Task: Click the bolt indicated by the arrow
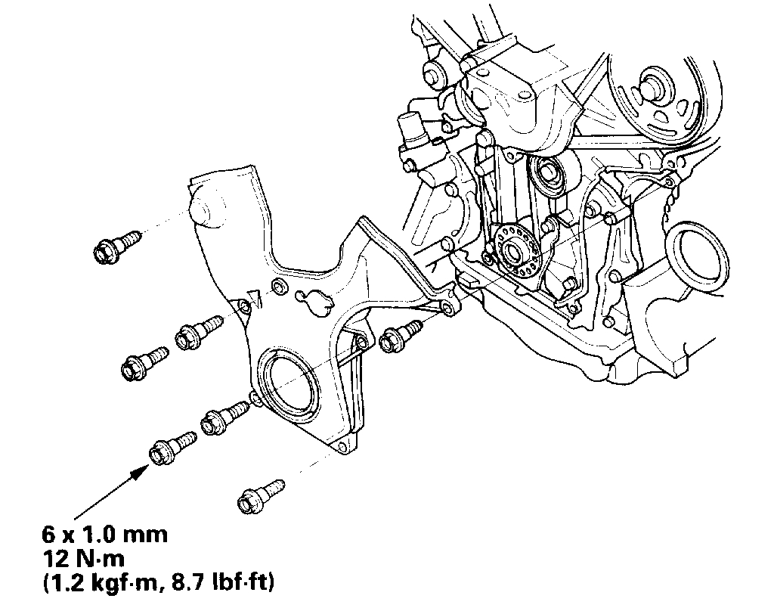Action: coord(172,447)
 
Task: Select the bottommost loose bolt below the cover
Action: coord(260,496)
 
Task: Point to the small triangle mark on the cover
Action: coord(255,297)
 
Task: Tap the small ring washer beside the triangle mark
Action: coord(280,286)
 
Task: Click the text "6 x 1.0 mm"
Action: coord(105,535)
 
